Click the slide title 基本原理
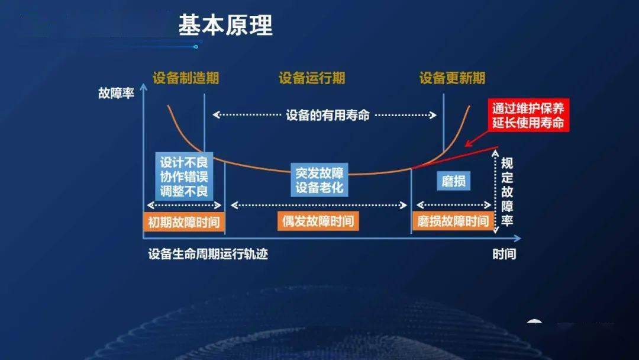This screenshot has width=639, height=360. (x=225, y=26)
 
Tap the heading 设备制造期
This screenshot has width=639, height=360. (x=185, y=78)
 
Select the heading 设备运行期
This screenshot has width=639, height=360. (x=312, y=78)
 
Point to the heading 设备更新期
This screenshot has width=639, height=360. (x=452, y=78)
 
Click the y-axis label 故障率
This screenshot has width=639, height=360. (x=117, y=94)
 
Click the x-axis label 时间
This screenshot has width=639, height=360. (x=504, y=254)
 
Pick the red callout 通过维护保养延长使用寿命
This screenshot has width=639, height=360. (x=528, y=116)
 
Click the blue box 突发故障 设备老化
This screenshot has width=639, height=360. (x=319, y=180)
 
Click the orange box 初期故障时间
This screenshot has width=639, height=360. (x=183, y=222)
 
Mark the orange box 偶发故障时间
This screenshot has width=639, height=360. (x=318, y=221)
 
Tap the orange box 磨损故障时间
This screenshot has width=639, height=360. (x=453, y=221)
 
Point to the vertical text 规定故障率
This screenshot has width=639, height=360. (x=507, y=192)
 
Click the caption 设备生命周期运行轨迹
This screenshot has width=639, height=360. (x=208, y=254)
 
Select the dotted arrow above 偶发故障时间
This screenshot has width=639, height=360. (x=318, y=205)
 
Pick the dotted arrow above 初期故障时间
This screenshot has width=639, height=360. (x=183, y=205)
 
